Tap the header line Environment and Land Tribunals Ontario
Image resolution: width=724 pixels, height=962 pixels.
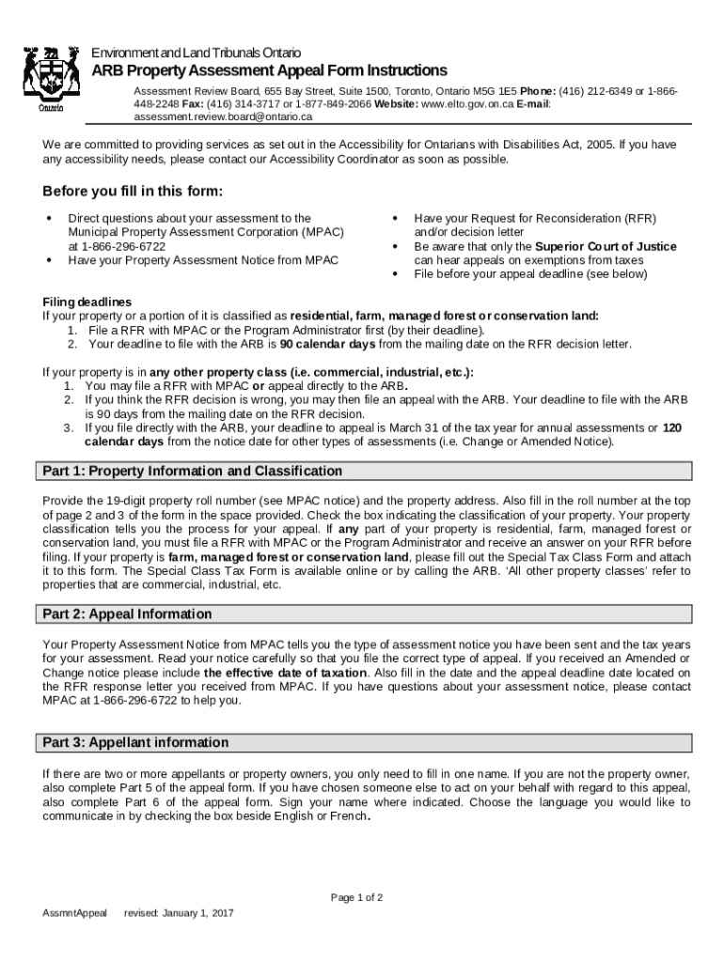click(x=196, y=52)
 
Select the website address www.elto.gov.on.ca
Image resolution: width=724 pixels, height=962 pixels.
click(x=466, y=104)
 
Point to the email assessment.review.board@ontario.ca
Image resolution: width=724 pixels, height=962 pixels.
click(x=222, y=117)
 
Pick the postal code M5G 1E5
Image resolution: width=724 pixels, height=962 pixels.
click(x=491, y=91)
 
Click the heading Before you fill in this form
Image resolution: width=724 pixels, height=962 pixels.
click(x=133, y=192)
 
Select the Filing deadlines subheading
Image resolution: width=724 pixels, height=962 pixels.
click(x=87, y=303)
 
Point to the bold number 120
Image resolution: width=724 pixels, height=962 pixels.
click(x=672, y=427)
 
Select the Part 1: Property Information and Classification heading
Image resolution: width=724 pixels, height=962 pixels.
click(x=193, y=471)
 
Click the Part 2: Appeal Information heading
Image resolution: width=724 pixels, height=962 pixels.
click(x=128, y=613)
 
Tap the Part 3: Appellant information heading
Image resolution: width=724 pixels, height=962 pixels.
click(x=135, y=742)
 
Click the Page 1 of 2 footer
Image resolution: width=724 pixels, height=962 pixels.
click(x=356, y=897)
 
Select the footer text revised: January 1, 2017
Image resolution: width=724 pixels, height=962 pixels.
click(x=179, y=913)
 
